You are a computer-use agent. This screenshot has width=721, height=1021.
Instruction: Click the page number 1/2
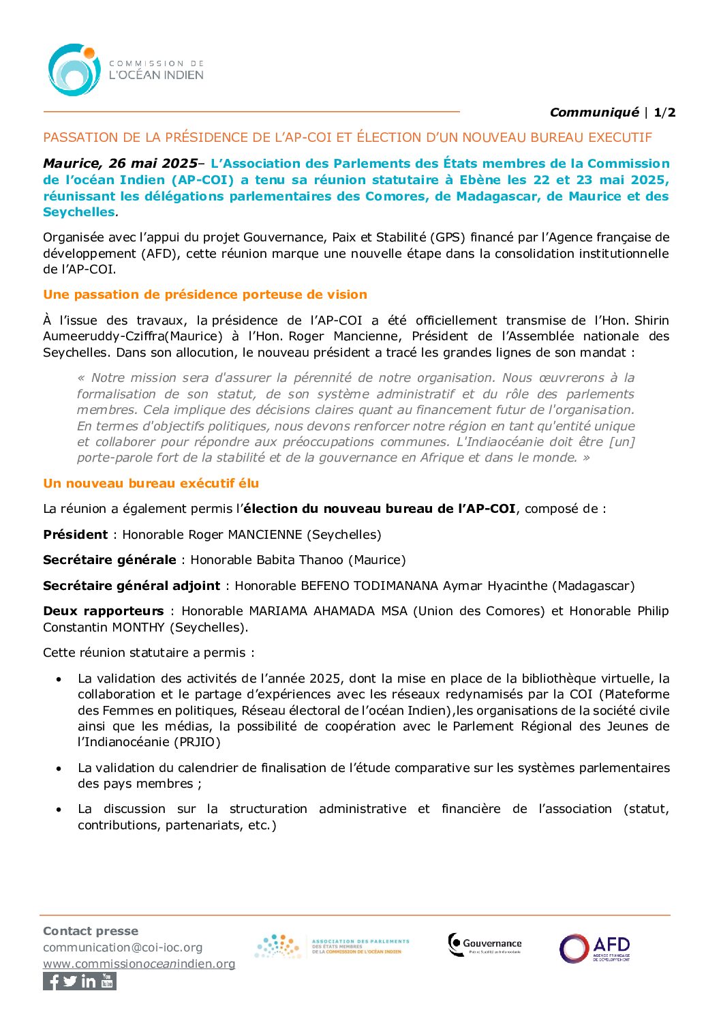664,113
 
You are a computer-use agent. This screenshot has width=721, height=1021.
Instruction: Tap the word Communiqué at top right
594,113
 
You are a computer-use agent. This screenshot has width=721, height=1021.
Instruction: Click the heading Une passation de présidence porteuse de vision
205,295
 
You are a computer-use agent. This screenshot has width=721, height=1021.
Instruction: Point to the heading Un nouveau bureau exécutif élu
151,484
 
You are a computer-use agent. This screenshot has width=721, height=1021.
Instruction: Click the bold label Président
75,535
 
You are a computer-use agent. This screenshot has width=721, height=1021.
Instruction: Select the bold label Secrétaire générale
110,560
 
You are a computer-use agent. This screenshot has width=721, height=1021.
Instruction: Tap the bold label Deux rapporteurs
104,611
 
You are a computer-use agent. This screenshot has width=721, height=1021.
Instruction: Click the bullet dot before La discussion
60,810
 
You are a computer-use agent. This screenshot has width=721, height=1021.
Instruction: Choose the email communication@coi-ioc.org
123,947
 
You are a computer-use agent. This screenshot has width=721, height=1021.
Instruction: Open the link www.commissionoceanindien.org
139,964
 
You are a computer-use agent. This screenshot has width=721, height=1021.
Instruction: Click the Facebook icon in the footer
52,981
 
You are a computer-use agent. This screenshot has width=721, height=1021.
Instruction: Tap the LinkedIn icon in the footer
89,981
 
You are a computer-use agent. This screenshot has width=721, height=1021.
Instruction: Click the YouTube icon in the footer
108,981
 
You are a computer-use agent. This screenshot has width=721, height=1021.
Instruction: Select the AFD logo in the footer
595,948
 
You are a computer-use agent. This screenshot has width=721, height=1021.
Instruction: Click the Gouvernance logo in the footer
485,945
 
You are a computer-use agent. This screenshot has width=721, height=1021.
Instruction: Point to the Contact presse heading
91,931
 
